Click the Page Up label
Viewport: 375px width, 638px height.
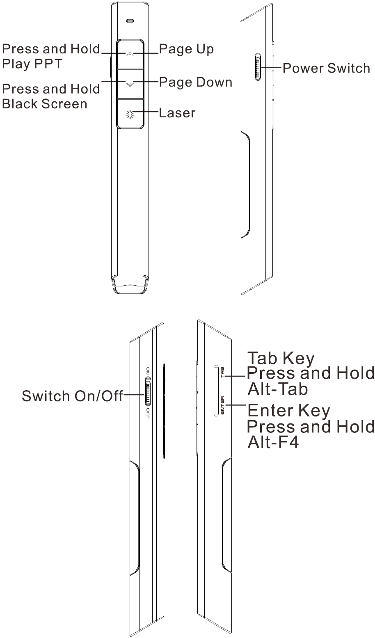tap(186, 49)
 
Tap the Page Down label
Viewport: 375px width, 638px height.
tap(196, 82)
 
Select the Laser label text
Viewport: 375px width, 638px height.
tap(177, 113)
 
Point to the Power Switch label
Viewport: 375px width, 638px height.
tap(326, 68)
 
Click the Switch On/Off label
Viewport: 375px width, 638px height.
tap(72, 396)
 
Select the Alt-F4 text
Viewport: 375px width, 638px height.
tap(273, 442)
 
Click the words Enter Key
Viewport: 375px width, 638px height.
tap(289, 410)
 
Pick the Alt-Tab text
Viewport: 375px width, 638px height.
tap(278, 389)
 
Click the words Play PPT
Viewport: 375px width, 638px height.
tap(32, 64)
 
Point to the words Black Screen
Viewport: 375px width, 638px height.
tap(44, 104)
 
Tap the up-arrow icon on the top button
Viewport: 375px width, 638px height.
tap(130, 54)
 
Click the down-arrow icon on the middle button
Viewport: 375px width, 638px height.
tap(130, 84)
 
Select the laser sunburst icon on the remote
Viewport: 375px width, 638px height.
tap(130, 114)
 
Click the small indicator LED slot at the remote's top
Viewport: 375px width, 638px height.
tap(130, 21)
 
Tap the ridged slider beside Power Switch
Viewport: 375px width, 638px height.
tap(258, 67)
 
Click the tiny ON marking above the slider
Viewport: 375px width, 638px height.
tap(148, 371)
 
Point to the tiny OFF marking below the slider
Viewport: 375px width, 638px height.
tap(148, 414)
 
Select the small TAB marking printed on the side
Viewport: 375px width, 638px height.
tap(222, 372)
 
